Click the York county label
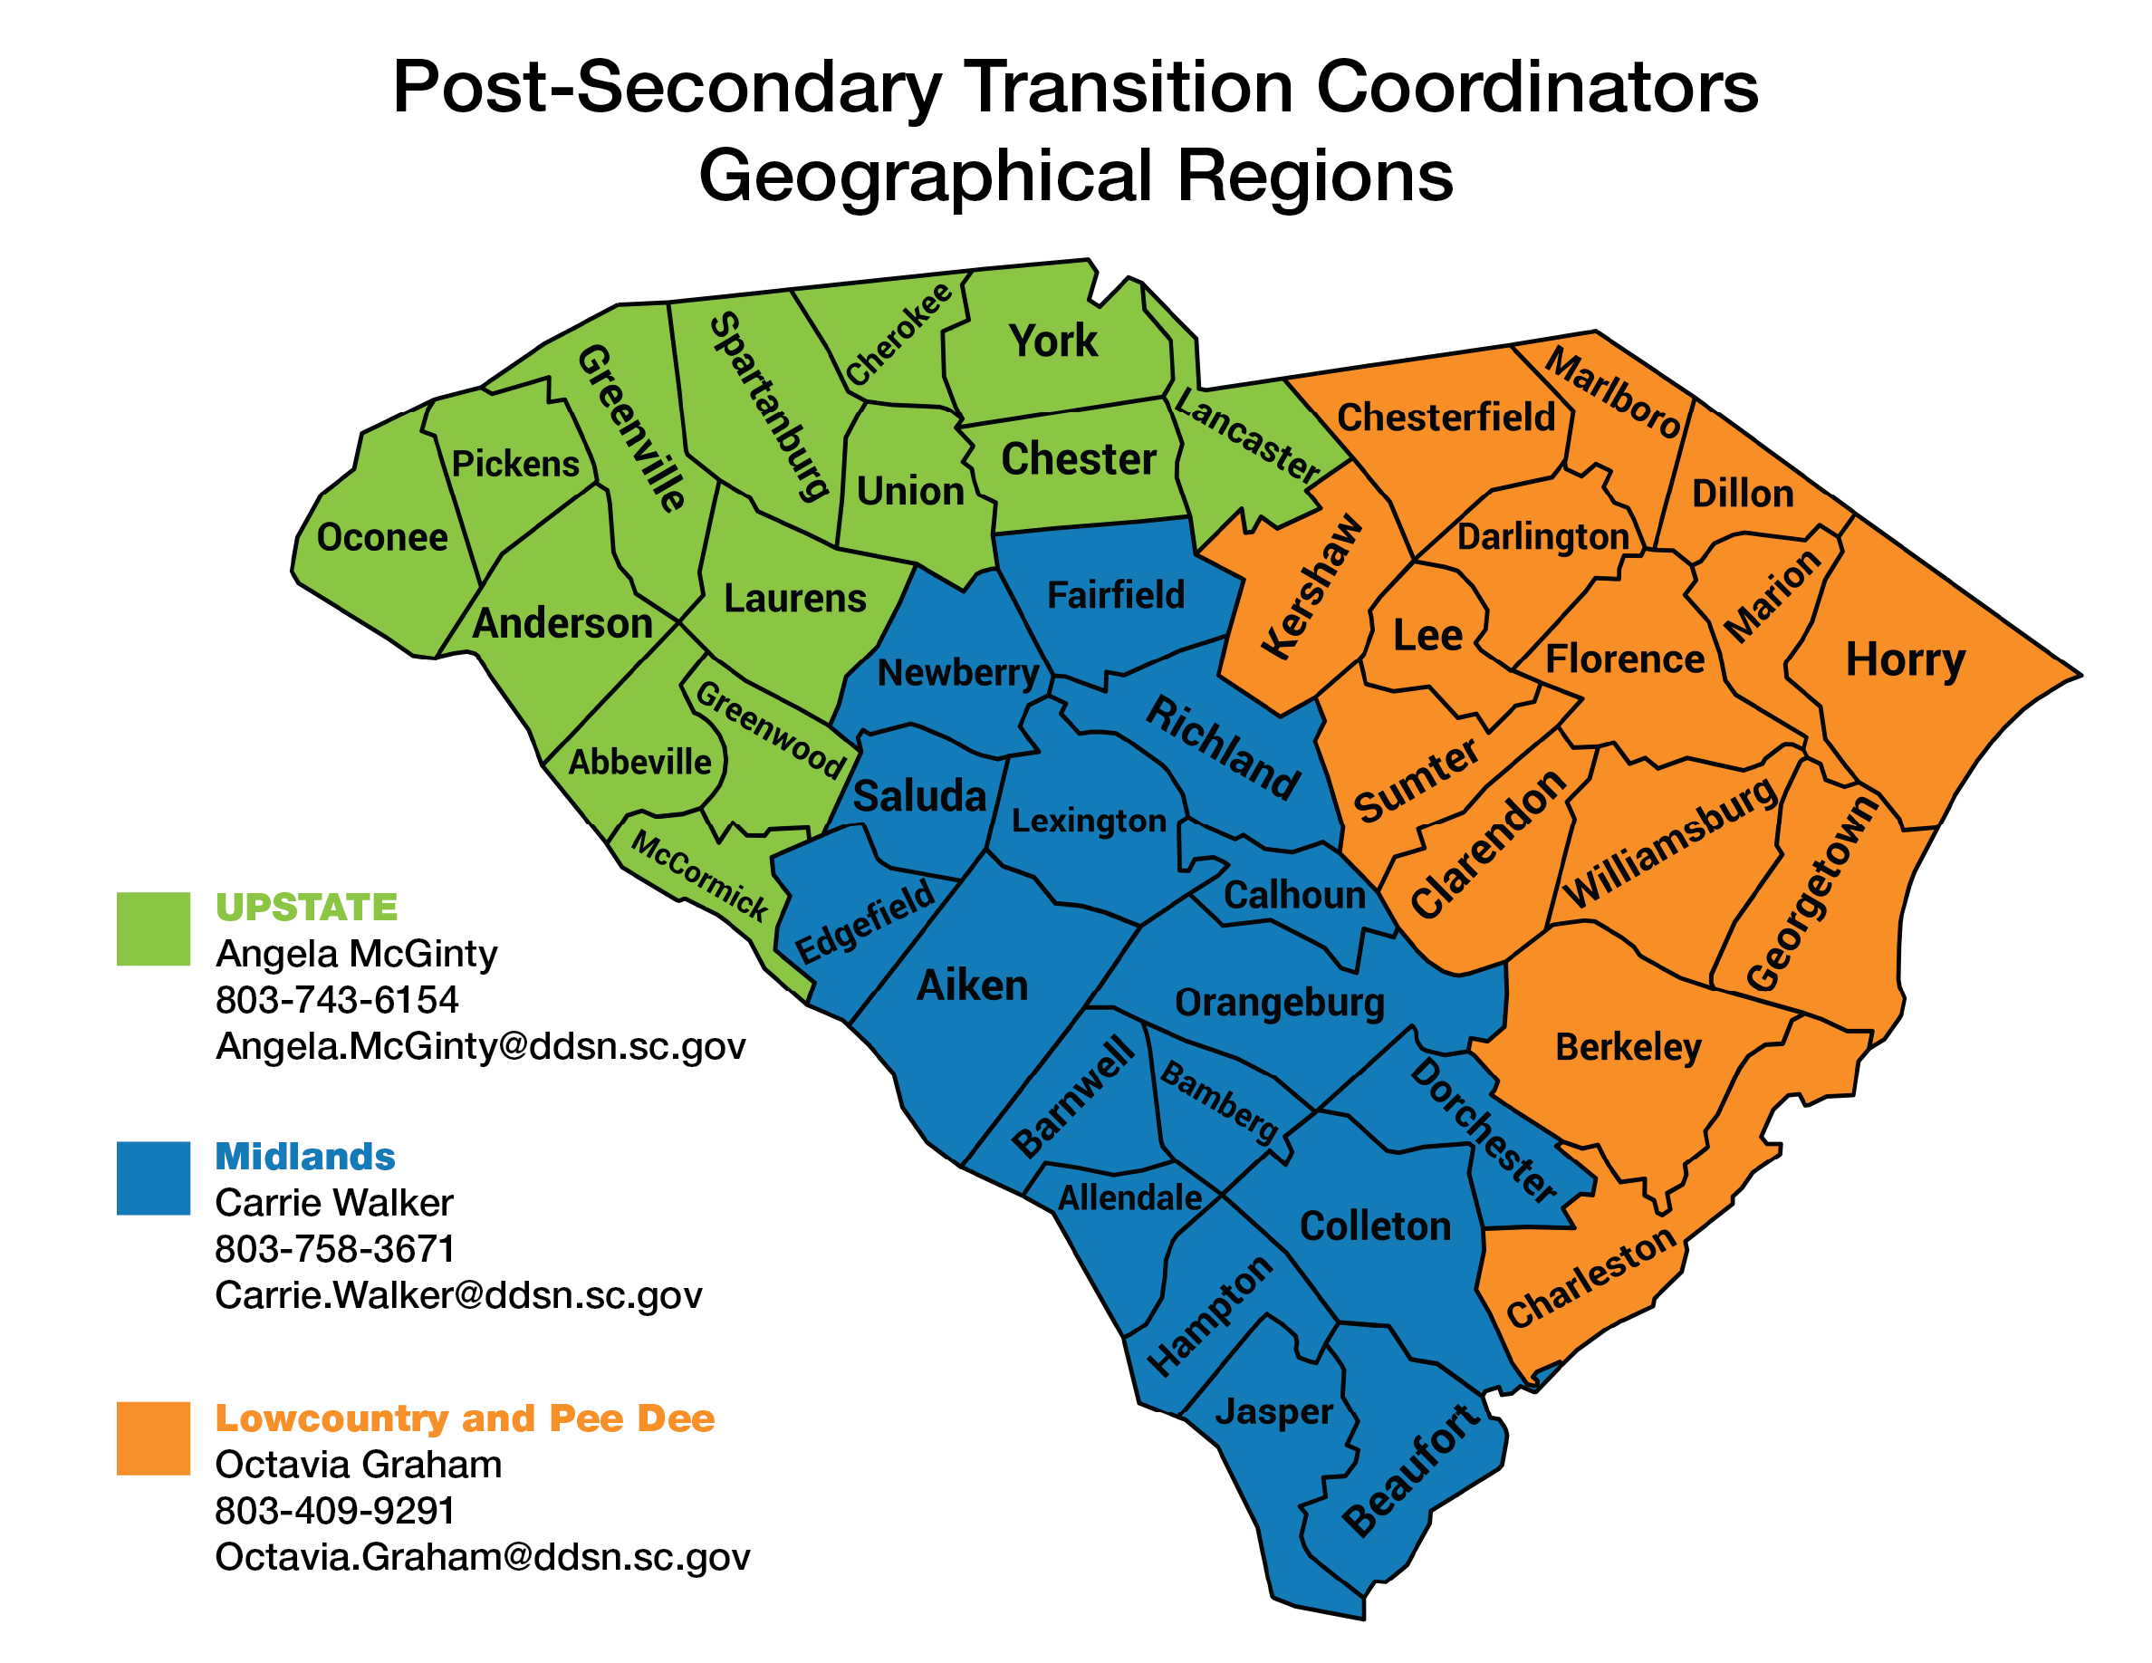pyautogui.click(x=1052, y=341)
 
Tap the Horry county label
pyautogui.click(x=1905, y=659)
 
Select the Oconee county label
pyautogui.click(x=382, y=538)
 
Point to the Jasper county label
pyautogui.click(x=1274, y=1412)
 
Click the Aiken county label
pyautogui.click(x=973, y=985)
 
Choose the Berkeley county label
pyautogui.click(x=1628, y=1046)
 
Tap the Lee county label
pyautogui.click(x=1427, y=636)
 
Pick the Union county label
pyautogui.click(x=910, y=491)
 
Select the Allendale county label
pyautogui.click(x=1130, y=1198)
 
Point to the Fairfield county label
pyautogui.click(x=1116, y=595)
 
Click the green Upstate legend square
pyautogui.click(x=153, y=928)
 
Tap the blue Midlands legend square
pyautogui.click(x=153, y=1178)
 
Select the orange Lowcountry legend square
pyautogui.click(x=153, y=1437)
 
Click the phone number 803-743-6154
pyautogui.click(x=337, y=1000)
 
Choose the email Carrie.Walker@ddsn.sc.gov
pyautogui.click(x=458, y=1294)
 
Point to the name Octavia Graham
pyautogui.click(x=359, y=1464)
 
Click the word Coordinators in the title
pyautogui.click(x=1537, y=87)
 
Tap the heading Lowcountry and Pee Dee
pyautogui.click(x=465, y=1418)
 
